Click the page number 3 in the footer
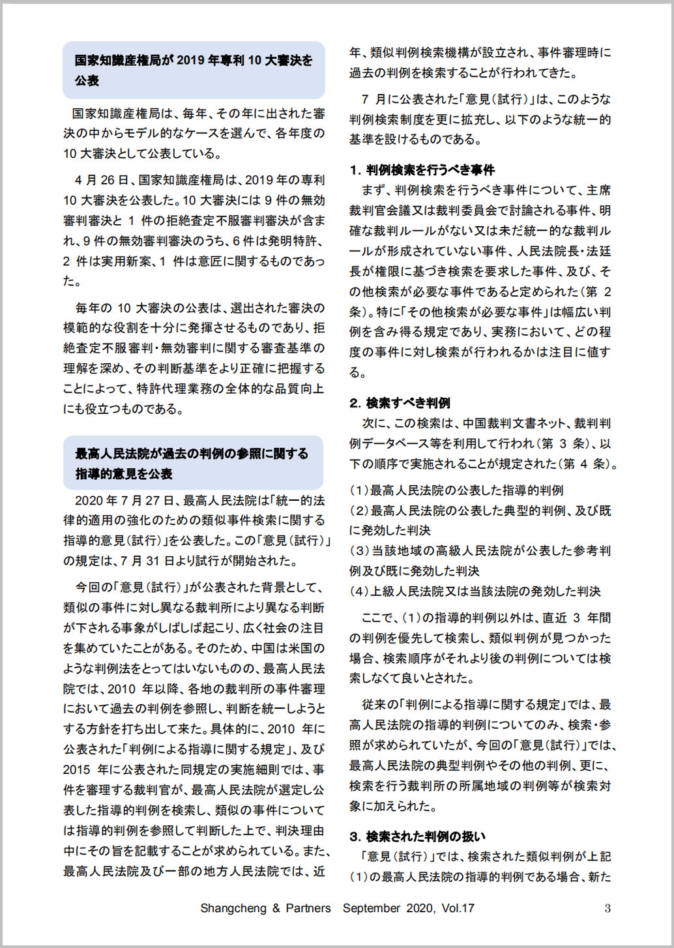[x=608, y=908]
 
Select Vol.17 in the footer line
[x=458, y=908]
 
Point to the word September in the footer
[x=372, y=908]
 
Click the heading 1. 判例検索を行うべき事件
[x=422, y=170]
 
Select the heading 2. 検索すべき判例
[x=400, y=403]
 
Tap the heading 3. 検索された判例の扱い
[x=417, y=837]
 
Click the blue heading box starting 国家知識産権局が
[x=194, y=70]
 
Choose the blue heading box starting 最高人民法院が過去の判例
[x=193, y=463]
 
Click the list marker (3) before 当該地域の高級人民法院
[x=359, y=551]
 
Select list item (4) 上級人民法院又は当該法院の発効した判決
[x=475, y=591]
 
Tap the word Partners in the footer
[x=308, y=908]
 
